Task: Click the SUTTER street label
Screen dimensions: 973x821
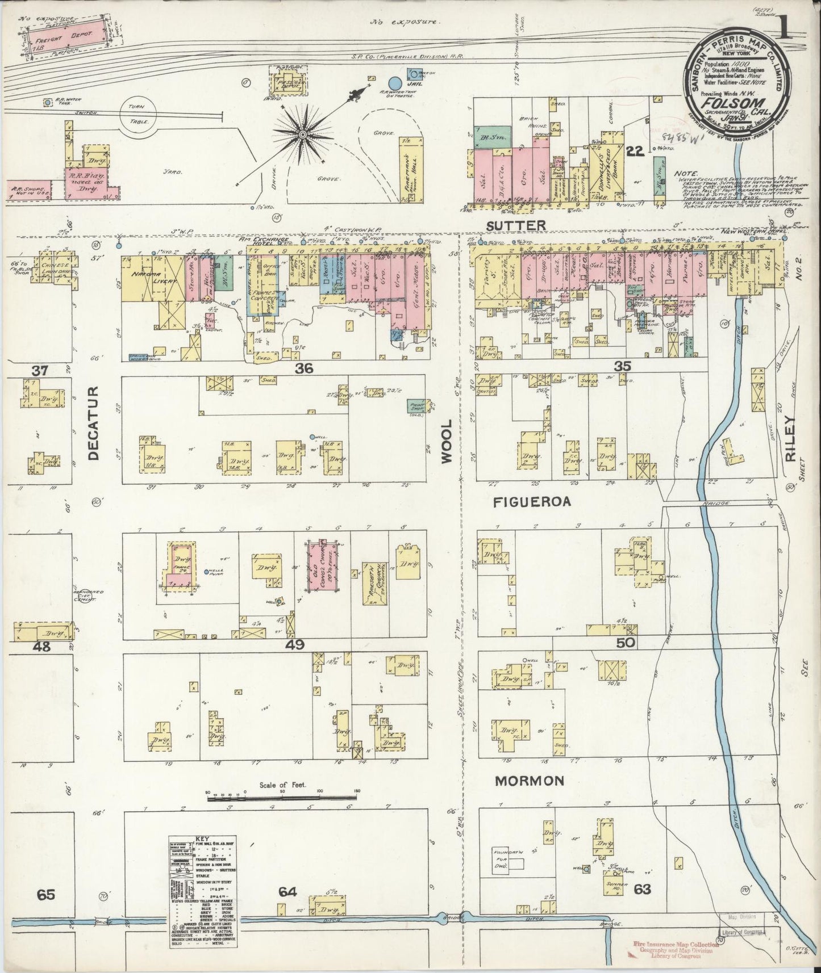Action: click(516, 226)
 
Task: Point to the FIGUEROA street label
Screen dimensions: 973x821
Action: click(532, 502)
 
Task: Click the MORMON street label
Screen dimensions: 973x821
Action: click(530, 781)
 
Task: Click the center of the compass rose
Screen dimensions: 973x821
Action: click(302, 133)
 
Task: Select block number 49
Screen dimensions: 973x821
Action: click(295, 644)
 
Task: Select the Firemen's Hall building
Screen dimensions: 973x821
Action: click(411, 169)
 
